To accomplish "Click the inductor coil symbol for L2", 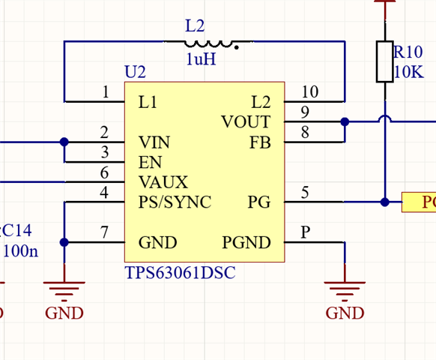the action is coord(208,43).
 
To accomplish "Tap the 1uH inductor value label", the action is coord(201,59).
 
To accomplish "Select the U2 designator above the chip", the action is coord(135,72).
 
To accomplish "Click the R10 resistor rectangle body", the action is coord(385,61).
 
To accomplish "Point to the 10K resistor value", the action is coord(409,72).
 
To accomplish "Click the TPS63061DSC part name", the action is coord(181,272).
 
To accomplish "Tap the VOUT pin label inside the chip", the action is coord(246,121).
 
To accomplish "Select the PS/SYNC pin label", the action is coord(175,202).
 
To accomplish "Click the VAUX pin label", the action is coord(163,182).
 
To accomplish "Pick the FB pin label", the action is coord(260,142).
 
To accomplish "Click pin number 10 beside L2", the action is coord(309,91).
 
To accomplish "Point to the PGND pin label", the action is coord(246,242).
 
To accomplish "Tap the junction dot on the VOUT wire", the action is coord(345,121).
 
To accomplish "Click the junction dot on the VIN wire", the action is coord(64,142).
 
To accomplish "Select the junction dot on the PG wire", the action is coord(385,202).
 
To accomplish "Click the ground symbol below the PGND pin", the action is coord(345,291).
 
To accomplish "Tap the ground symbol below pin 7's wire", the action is coord(64,291).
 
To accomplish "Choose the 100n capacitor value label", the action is coord(20,250).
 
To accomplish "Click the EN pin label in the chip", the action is coord(150,162).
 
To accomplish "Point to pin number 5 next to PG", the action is coord(305,193).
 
